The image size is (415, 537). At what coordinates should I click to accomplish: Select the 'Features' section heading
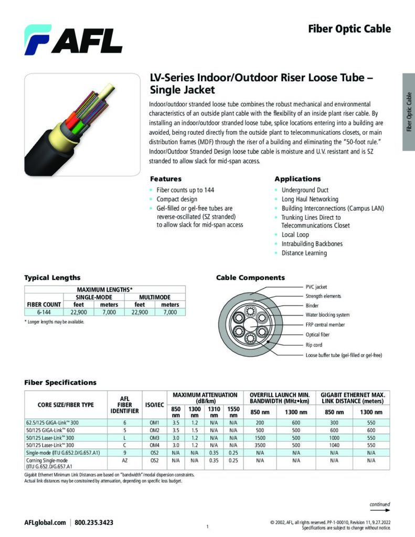click(x=166, y=179)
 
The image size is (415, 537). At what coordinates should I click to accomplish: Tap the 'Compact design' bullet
click(x=177, y=199)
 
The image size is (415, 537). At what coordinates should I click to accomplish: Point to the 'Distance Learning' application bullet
click(x=304, y=253)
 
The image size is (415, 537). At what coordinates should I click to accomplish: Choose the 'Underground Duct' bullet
click(x=305, y=190)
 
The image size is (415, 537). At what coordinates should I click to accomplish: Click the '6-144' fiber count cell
click(x=44, y=312)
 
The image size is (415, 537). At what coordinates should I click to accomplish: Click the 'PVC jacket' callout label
click(x=316, y=287)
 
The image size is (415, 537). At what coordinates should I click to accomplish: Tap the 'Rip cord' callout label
click(x=314, y=345)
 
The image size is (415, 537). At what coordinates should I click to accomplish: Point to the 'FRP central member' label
click(x=325, y=325)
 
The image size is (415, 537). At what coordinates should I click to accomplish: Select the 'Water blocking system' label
click(x=327, y=315)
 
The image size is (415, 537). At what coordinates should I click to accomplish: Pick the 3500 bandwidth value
click(x=259, y=445)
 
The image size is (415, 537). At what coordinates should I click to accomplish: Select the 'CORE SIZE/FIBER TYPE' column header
click(x=66, y=404)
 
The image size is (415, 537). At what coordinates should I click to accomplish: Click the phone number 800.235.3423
click(x=94, y=522)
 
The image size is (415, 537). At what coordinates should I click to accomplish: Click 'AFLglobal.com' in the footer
click(x=45, y=522)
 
